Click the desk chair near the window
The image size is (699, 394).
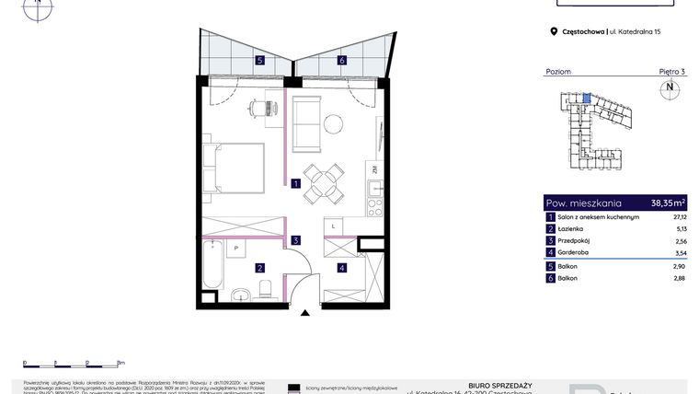(260, 108)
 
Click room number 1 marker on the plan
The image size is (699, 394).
(296, 183)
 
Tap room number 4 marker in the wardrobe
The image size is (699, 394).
(341, 268)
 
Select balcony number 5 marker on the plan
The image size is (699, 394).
(261, 61)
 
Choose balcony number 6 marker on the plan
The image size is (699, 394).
(341, 61)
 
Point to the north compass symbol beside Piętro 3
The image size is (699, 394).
(670, 88)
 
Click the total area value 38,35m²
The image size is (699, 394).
(668, 203)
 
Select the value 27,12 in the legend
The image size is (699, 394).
(680, 216)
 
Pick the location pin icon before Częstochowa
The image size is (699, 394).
(554, 31)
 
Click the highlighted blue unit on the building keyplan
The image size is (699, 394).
(588, 96)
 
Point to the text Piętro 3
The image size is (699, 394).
(671, 71)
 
